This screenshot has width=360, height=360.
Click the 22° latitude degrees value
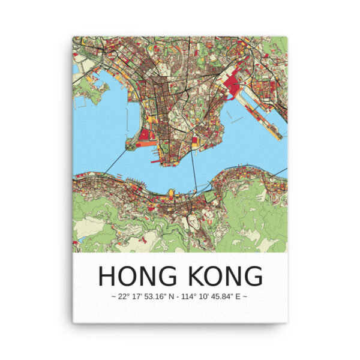click(124, 296)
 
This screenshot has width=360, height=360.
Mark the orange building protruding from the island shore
click(170, 193)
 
